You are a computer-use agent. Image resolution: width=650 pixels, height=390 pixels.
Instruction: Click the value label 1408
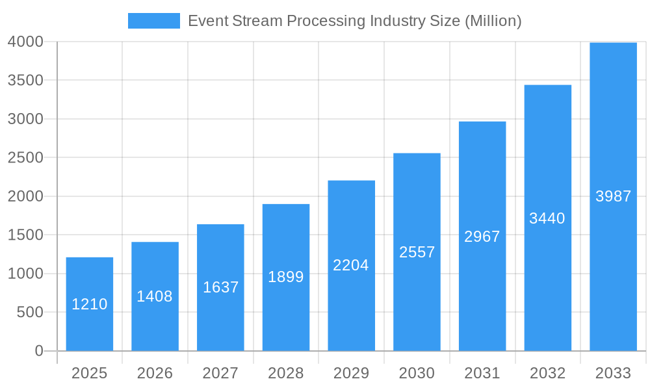[x=155, y=296]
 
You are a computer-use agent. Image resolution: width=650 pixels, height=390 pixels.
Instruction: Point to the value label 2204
[x=351, y=265]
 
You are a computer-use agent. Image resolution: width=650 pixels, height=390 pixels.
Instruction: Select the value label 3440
[x=547, y=218]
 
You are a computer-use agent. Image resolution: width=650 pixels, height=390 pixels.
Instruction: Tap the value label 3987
[x=613, y=196]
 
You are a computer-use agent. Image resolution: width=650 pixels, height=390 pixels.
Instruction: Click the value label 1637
[x=220, y=287]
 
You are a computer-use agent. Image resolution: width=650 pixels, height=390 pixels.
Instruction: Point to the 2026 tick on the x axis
[x=155, y=373]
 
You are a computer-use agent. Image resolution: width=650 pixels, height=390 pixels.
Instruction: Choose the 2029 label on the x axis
[x=351, y=373]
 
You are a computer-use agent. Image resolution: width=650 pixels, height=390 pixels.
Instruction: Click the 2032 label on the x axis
[x=547, y=373]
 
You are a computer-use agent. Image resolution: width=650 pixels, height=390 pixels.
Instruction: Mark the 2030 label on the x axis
[x=417, y=373]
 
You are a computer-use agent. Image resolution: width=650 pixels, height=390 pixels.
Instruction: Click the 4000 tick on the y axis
[x=25, y=42]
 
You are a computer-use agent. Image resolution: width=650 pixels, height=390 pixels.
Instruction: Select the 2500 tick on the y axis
[x=25, y=158]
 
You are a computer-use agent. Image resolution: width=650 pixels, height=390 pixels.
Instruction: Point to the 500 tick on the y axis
[x=30, y=313]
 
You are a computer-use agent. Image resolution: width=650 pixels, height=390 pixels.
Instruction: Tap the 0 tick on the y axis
[x=39, y=351]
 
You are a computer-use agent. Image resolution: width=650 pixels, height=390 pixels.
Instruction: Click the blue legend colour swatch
[x=154, y=21]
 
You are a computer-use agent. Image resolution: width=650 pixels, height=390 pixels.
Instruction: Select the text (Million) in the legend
[x=493, y=21]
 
